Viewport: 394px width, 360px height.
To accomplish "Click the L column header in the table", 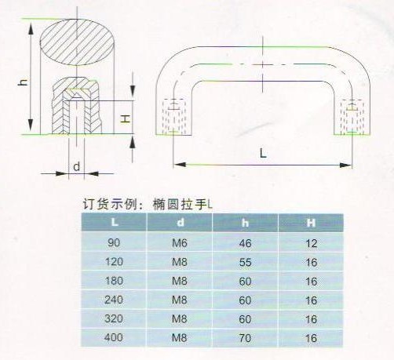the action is (115, 222).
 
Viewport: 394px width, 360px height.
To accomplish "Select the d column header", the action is (181, 222).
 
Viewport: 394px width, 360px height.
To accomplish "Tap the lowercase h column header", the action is (245, 223).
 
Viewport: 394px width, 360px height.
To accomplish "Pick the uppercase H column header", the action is (311, 223).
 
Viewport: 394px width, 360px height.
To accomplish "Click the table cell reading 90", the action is (114, 243).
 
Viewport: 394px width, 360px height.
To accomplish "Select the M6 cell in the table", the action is (180, 243).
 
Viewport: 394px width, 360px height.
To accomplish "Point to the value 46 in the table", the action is (245, 243).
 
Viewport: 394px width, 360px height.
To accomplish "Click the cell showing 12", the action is (312, 244).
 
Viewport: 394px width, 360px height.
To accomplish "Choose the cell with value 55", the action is (245, 262).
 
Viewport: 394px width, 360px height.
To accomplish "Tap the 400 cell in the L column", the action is (114, 337).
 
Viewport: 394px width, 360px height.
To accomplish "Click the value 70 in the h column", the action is (245, 338).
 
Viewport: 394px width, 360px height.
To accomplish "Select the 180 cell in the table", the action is (114, 281).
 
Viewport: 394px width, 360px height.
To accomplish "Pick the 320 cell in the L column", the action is (114, 318).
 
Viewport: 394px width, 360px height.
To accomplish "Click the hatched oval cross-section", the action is (77, 42).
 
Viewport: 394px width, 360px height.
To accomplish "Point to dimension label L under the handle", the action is (263, 153).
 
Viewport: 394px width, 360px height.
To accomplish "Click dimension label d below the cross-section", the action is (76, 166).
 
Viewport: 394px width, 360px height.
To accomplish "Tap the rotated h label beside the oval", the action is (23, 82).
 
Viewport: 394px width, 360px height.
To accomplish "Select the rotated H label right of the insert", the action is (126, 119).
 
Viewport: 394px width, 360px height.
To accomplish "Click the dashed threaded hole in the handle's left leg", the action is (174, 117).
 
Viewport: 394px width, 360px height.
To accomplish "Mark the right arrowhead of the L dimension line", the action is (345, 165).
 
